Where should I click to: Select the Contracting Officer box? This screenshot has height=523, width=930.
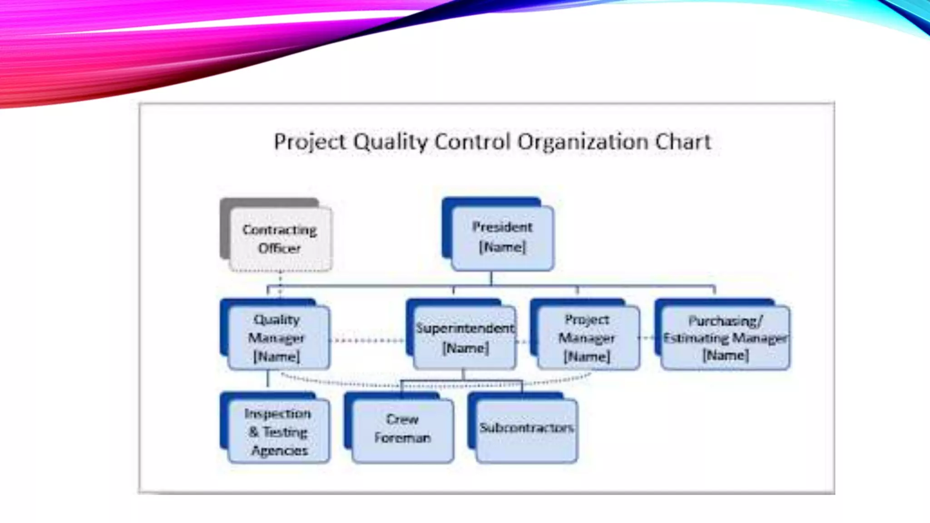click(x=280, y=239)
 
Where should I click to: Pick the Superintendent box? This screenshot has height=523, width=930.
click(x=465, y=338)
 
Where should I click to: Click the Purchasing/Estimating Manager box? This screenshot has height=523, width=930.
click(x=725, y=338)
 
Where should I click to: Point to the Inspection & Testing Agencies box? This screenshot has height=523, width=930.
click(x=278, y=431)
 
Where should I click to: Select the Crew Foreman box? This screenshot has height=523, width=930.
click(x=402, y=429)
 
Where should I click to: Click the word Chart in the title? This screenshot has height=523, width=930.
click(x=683, y=142)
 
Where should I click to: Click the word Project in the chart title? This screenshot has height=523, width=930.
click(x=310, y=142)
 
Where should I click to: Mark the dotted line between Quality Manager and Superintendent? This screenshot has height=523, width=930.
click(x=367, y=340)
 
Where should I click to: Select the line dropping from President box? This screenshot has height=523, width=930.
click(x=491, y=278)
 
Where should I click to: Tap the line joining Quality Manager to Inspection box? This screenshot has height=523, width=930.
click(x=267, y=379)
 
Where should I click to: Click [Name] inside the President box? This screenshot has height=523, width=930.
click(x=502, y=247)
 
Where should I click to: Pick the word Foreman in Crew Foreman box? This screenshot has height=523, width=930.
click(x=402, y=438)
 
